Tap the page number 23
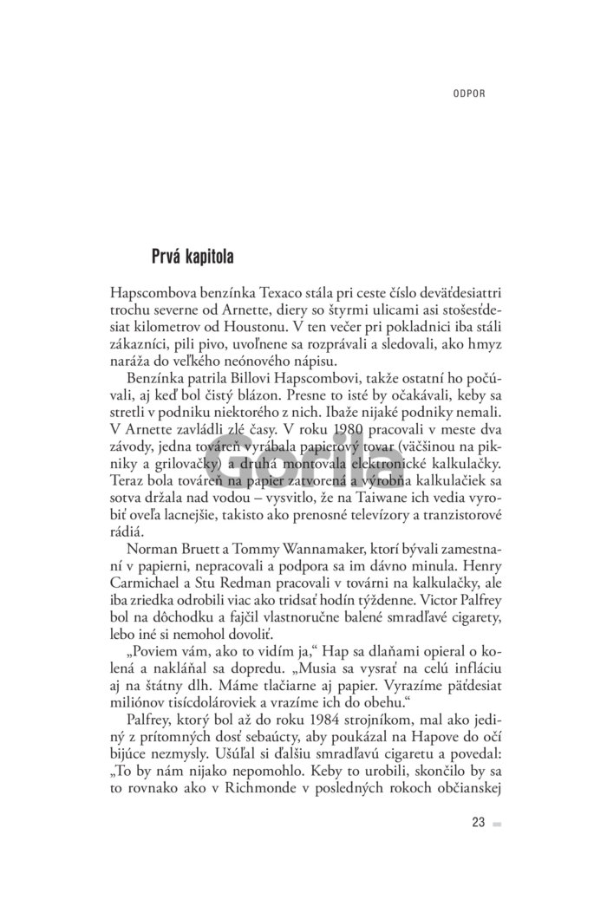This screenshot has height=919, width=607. tap(478, 823)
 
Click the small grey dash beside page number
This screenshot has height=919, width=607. tap(497, 824)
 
